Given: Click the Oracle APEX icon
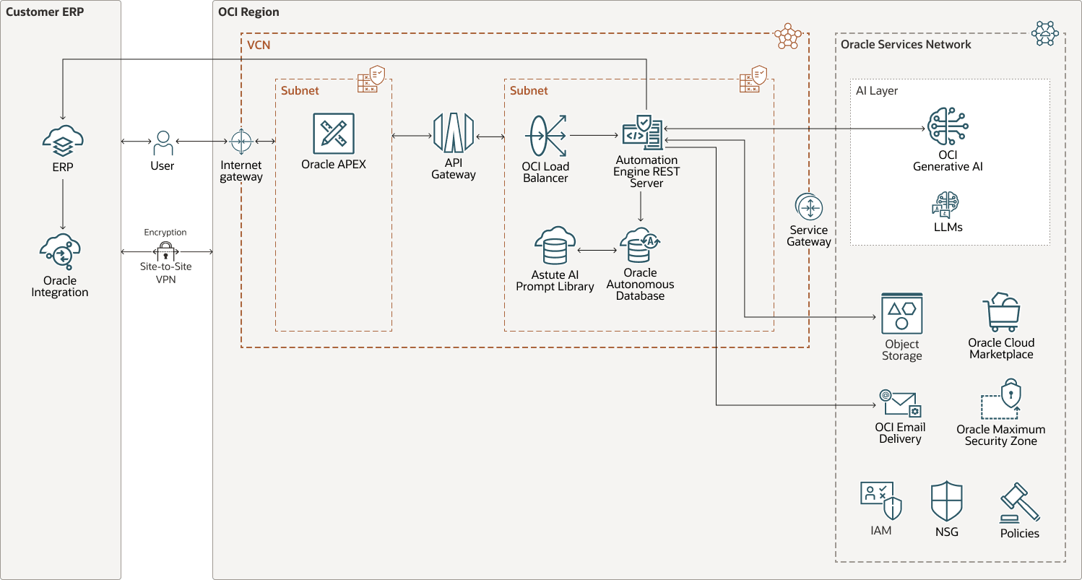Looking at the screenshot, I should (334, 134).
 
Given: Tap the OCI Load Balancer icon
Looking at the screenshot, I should (546, 135).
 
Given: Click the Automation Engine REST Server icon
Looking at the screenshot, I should (642, 132).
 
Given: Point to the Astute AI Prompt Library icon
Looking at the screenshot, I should (555, 246).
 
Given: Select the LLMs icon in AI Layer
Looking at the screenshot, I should (948, 205).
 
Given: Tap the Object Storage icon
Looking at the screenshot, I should (901, 313).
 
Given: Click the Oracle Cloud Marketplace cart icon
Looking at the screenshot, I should (1001, 313).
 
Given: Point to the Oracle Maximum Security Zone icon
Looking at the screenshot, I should (1001, 399).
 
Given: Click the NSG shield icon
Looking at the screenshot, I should (946, 501).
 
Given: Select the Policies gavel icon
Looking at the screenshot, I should (1019, 503).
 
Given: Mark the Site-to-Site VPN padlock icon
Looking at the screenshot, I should (166, 251).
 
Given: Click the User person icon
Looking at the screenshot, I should (163, 142).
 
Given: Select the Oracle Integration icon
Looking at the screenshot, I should (60, 251).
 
